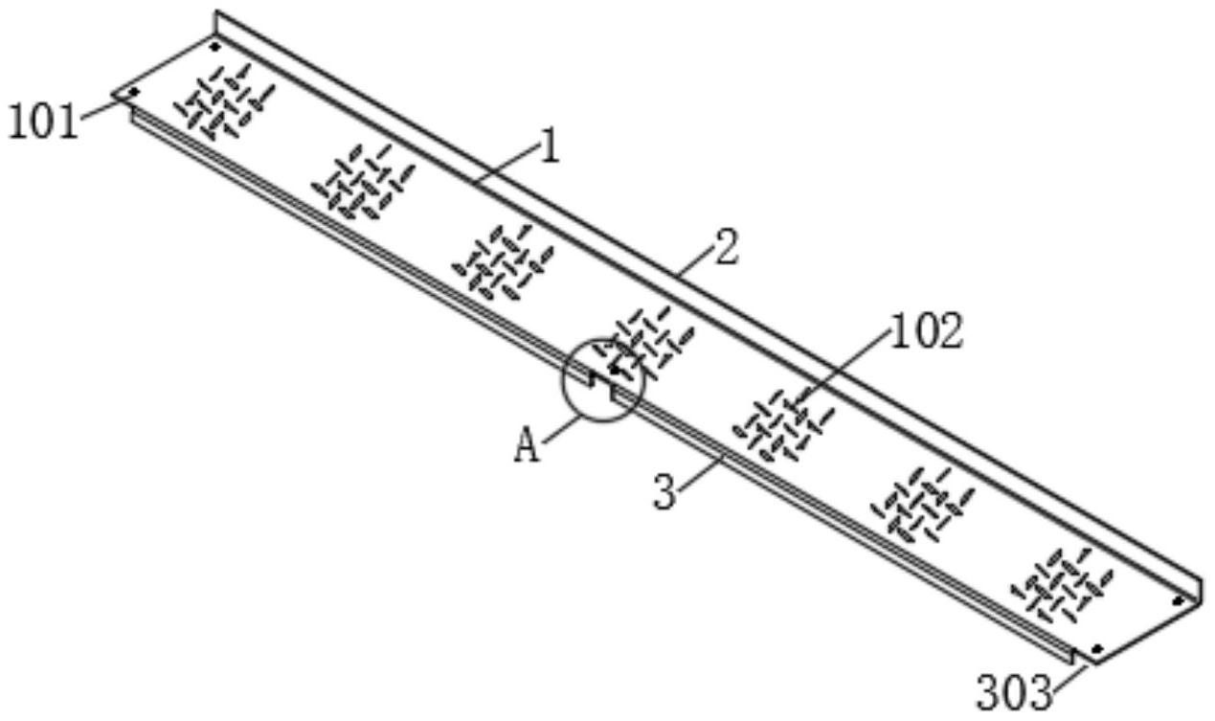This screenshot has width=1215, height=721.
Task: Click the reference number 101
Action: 42,123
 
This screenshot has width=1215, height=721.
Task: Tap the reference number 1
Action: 549,147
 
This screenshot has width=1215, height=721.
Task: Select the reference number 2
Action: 727,250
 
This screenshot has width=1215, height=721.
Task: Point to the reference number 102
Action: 927,332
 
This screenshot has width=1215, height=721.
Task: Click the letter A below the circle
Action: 528,446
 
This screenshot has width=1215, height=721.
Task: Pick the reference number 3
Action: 668,493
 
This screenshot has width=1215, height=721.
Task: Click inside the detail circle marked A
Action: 603,379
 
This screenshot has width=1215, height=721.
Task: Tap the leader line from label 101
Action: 103,109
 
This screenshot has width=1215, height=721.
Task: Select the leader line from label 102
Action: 843,361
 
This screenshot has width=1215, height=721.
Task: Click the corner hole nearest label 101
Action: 134,92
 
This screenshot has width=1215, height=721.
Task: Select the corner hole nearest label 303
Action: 1097,648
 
